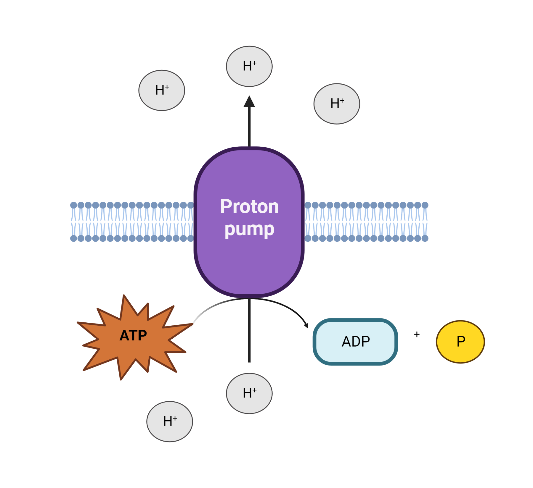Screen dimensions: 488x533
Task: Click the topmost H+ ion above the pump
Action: click(x=249, y=66)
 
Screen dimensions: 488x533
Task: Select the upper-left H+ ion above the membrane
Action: click(x=162, y=91)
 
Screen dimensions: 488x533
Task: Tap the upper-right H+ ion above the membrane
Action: click(x=337, y=104)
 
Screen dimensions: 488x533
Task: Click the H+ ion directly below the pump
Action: click(x=249, y=393)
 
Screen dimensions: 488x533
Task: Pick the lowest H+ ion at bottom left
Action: click(x=170, y=421)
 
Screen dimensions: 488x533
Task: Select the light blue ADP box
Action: click(x=355, y=342)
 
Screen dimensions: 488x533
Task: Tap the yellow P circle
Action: click(x=460, y=342)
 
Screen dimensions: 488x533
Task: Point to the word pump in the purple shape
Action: click(x=249, y=230)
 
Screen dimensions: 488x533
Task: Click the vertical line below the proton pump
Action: click(x=249, y=331)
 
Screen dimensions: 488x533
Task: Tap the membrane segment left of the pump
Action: click(x=132, y=222)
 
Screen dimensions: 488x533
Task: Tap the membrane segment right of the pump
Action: click(x=367, y=222)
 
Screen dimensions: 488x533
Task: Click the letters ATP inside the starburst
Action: click(x=133, y=336)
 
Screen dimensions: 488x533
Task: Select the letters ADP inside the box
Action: click(x=356, y=342)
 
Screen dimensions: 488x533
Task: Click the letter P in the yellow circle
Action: click(x=461, y=342)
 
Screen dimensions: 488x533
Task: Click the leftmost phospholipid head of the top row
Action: click(x=73, y=205)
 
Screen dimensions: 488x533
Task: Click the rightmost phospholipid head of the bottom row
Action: click(x=425, y=238)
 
